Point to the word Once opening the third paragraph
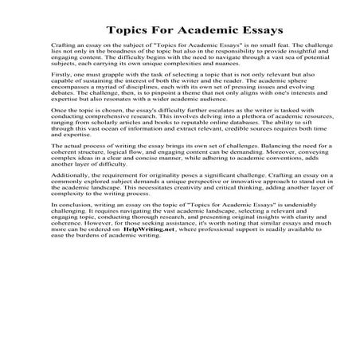[58, 133]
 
